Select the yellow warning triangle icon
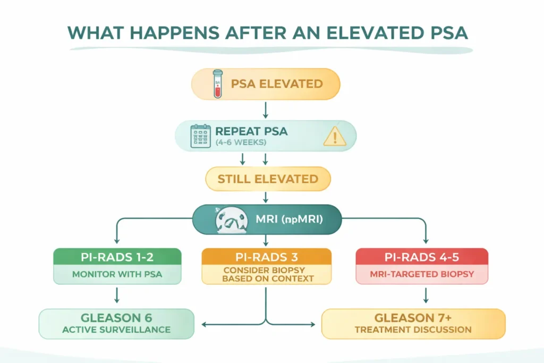[x=334, y=137]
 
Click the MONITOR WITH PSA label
[x=117, y=275]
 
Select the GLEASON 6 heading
[x=116, y=318]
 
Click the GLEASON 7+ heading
[x=413, y=318]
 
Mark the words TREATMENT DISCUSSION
[x=413, y=330]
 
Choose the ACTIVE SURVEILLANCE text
[x=116, y=330]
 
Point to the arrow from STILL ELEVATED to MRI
[x=265, y=198]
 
